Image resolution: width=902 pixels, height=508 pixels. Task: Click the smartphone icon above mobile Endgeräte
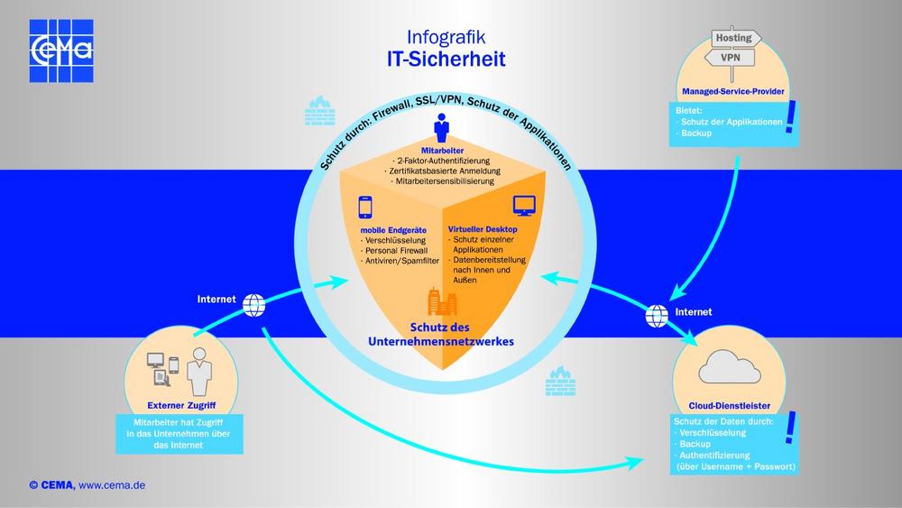(x=366, y=208)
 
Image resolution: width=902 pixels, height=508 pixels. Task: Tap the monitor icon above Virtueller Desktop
(x=523, y=207)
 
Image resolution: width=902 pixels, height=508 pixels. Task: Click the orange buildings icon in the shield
(x=441, y=300)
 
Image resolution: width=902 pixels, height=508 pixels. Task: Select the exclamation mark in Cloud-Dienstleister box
(x=792, y=429)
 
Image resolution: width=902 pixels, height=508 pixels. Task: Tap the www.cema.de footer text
(x=112, y=485)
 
